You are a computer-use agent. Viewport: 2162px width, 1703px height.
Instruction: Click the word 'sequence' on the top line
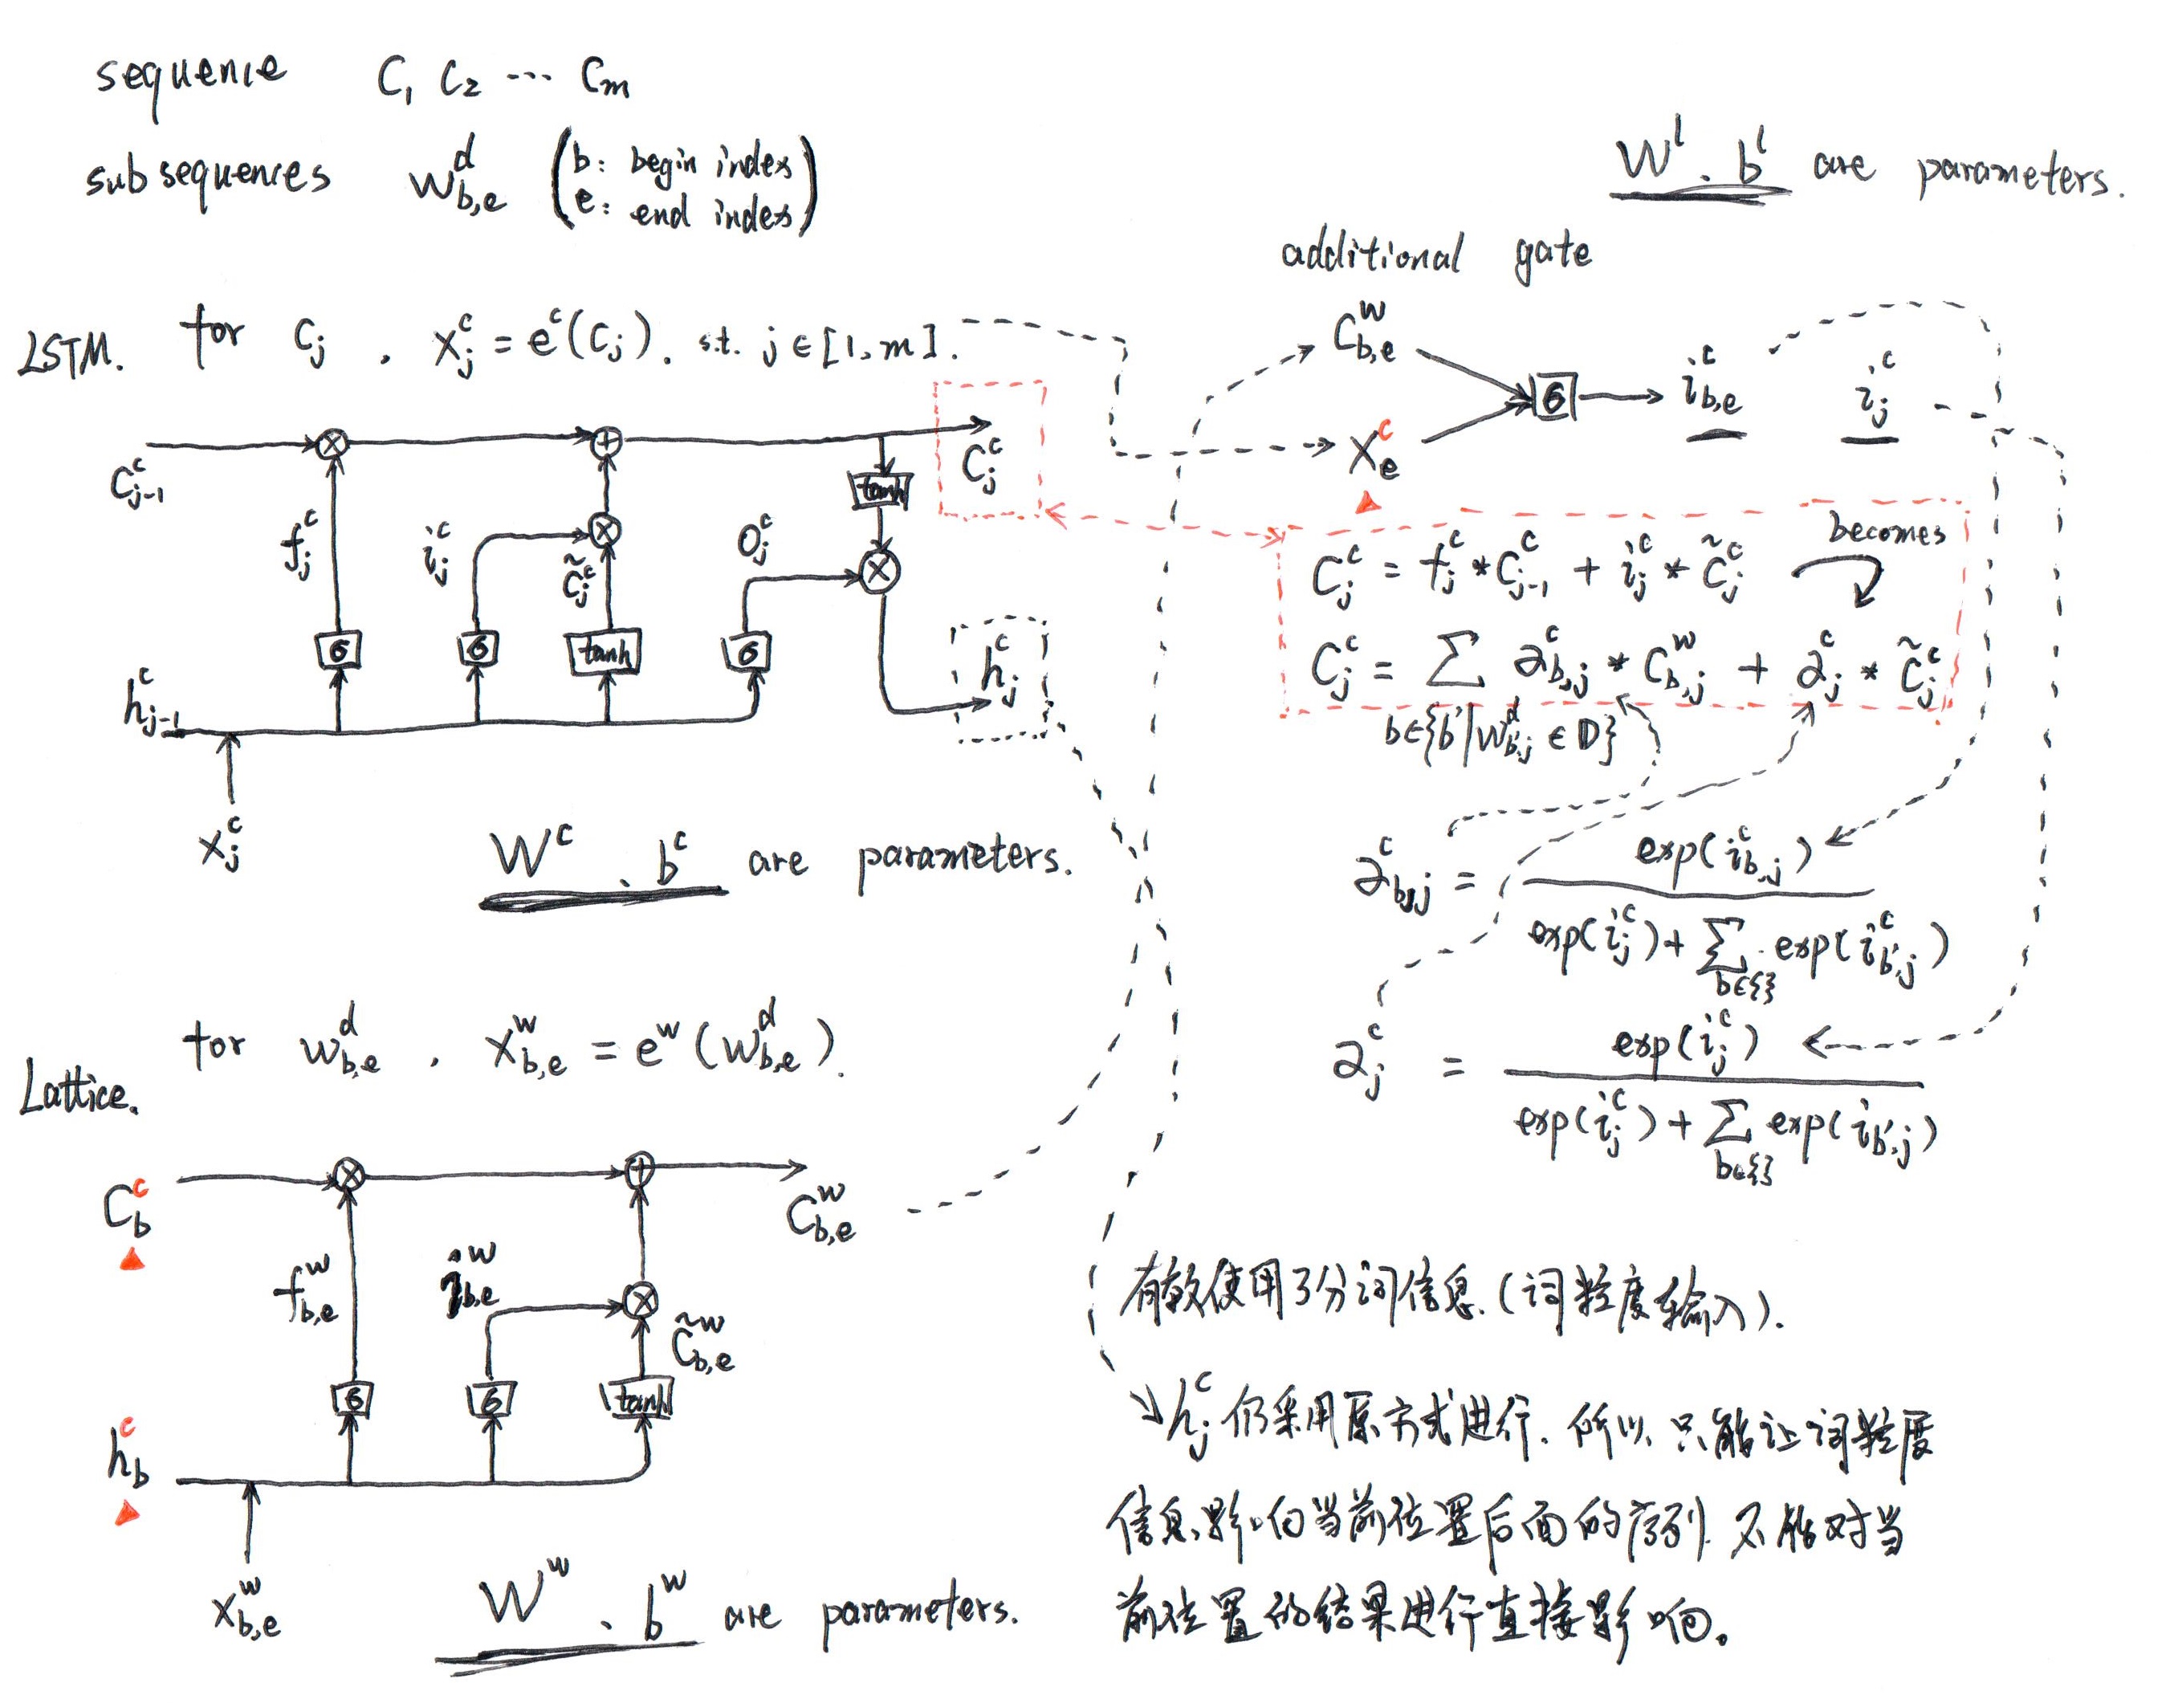(x=189, y=78)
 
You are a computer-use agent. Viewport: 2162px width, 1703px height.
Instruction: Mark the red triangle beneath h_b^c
(x=128, y=1516)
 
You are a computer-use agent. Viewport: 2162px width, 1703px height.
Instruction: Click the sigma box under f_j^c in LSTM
(x=339, y=651)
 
